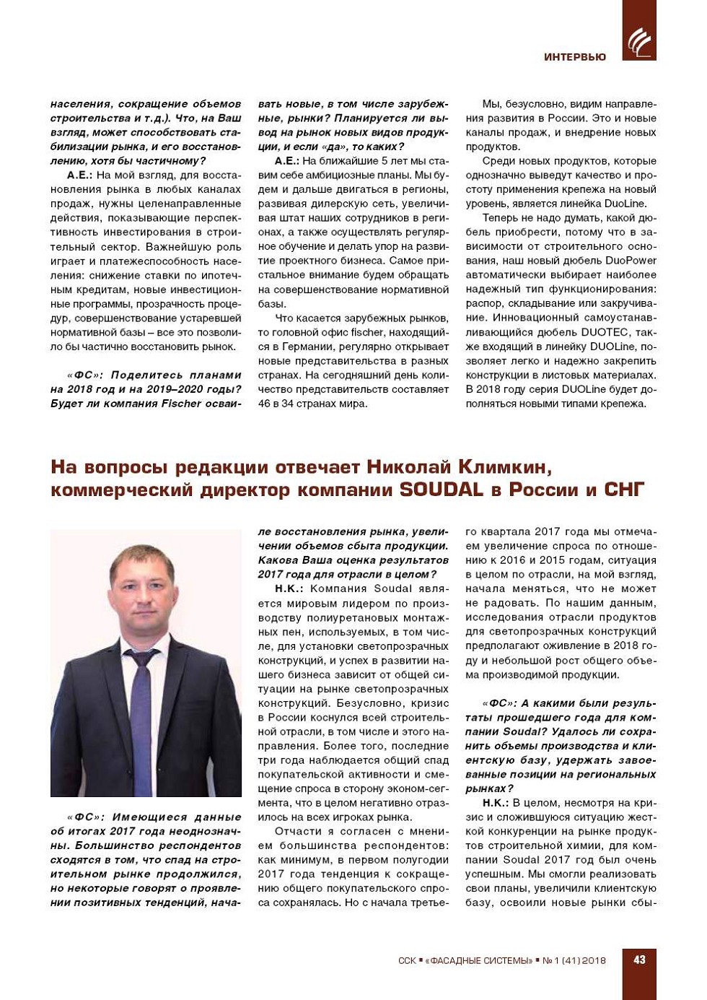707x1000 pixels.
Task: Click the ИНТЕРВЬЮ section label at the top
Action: pyautogui.click(x=575, y=57)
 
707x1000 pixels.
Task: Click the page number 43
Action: pyautogui.click(x=639, y=960)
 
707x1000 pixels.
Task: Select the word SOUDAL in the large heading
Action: pyautogui.click(x=441, y=490)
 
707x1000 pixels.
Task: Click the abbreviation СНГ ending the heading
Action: pyautogui.click(x=623, y=490)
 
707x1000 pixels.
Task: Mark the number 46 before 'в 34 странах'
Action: pyautogui.click(x=265, y=404)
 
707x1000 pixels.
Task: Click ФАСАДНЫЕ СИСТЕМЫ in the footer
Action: pyautogui.click(x=479, y=961)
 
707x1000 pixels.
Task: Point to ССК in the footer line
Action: pyautogui.click(x=407, y=961)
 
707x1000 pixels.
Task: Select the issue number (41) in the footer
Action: pyautogui.click(x=571, y=961)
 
